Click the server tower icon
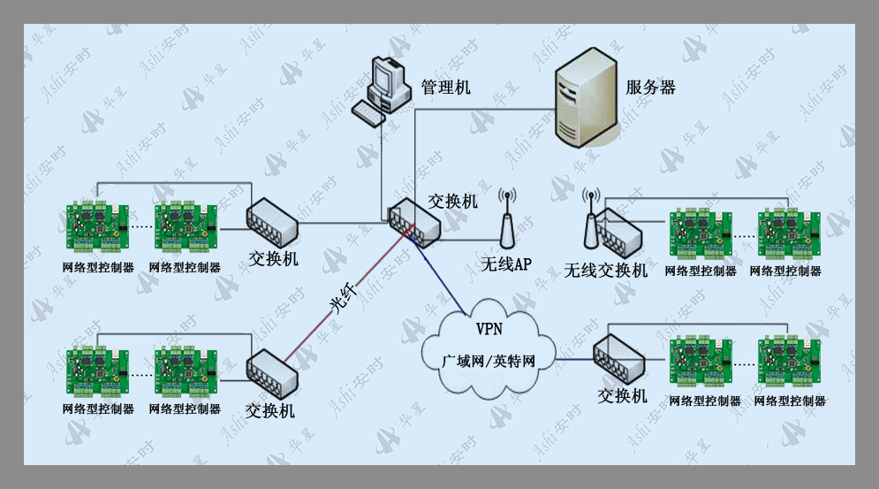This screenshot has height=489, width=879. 586,97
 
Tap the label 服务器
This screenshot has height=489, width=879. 650,88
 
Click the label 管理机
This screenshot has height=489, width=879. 445,87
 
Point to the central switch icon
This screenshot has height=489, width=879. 415,223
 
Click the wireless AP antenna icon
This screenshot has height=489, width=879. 507,219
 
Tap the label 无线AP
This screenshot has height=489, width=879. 506,264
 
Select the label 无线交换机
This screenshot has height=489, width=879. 605,270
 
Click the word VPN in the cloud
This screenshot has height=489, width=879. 489,329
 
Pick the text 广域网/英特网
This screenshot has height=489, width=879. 489,361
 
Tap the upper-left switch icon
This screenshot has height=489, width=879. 272,223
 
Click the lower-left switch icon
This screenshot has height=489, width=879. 272,374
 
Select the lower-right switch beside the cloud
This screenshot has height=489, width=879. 619,360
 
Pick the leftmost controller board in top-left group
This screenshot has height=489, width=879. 97,227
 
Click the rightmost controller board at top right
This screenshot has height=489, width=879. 789,233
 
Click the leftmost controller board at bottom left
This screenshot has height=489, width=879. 97,370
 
